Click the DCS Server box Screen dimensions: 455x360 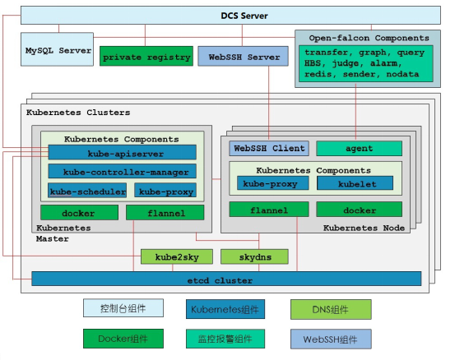[230, 16]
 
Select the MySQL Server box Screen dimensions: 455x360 [57, 49]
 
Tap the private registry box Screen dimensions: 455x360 [146, 56]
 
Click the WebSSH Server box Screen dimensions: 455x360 [244, 56]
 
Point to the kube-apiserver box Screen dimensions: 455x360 [122, 152]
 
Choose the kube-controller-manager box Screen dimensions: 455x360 [122, 171]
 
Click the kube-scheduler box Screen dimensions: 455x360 [87, 191]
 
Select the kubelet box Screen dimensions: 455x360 [355, 183]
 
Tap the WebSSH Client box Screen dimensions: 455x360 [269, 149]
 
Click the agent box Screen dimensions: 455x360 [360, 149]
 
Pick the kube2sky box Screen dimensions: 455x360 [177, 256]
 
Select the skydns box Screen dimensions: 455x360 [254, 256]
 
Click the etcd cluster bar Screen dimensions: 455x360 [226, 279]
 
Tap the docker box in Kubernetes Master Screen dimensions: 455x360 [79, 213]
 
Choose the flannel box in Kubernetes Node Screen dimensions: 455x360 [269, 210]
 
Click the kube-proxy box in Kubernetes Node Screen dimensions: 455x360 [273, 183]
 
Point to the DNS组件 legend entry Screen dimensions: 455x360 [331, 310]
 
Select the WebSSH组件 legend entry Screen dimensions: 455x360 [331, 339]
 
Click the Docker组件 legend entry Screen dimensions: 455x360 [123, 339]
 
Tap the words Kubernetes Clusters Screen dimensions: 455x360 [78, 113]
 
